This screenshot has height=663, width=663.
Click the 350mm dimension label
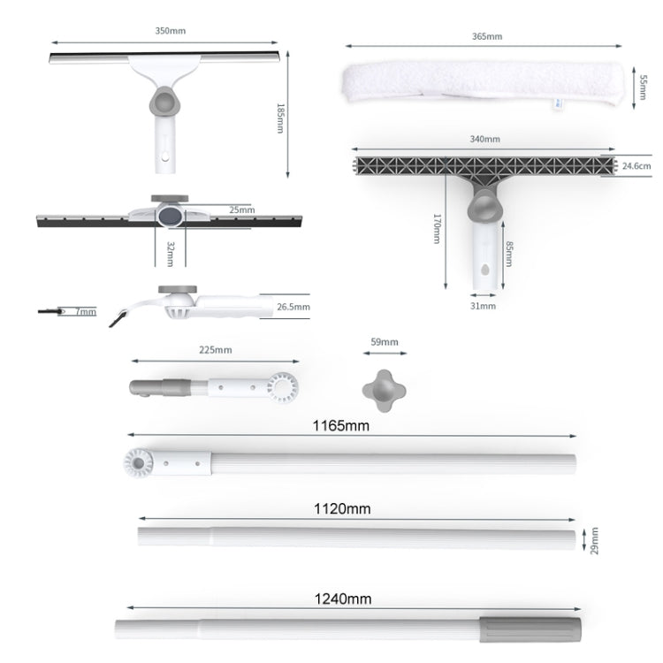pos(171,31)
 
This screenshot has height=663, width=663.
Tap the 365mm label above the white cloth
pos(487,36)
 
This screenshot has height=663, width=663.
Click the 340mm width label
pos(485,140)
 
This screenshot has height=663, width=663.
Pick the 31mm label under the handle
pos(483,306)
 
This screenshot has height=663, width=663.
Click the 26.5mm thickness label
pos(293,307)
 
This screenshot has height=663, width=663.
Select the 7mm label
pos(86,311)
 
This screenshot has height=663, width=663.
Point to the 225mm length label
pos(217,350)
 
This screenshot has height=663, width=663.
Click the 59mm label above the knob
pos(385,342)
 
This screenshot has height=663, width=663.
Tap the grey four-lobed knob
pos(384,388)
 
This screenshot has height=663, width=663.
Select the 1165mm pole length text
pos(340,425)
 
